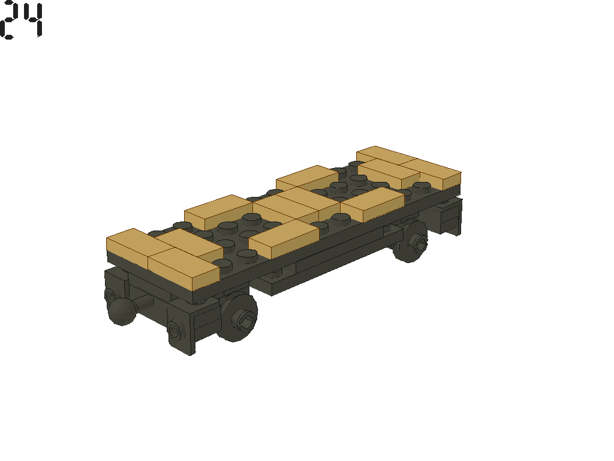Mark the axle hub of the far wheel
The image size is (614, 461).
click(x=418, y=243)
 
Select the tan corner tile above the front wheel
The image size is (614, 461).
click(x=183, y=267)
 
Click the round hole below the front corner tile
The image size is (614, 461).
click(x=174, y=330)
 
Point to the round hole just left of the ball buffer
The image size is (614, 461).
click(x=110, y=295)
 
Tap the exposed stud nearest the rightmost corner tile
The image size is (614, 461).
click(x=420, y=186)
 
